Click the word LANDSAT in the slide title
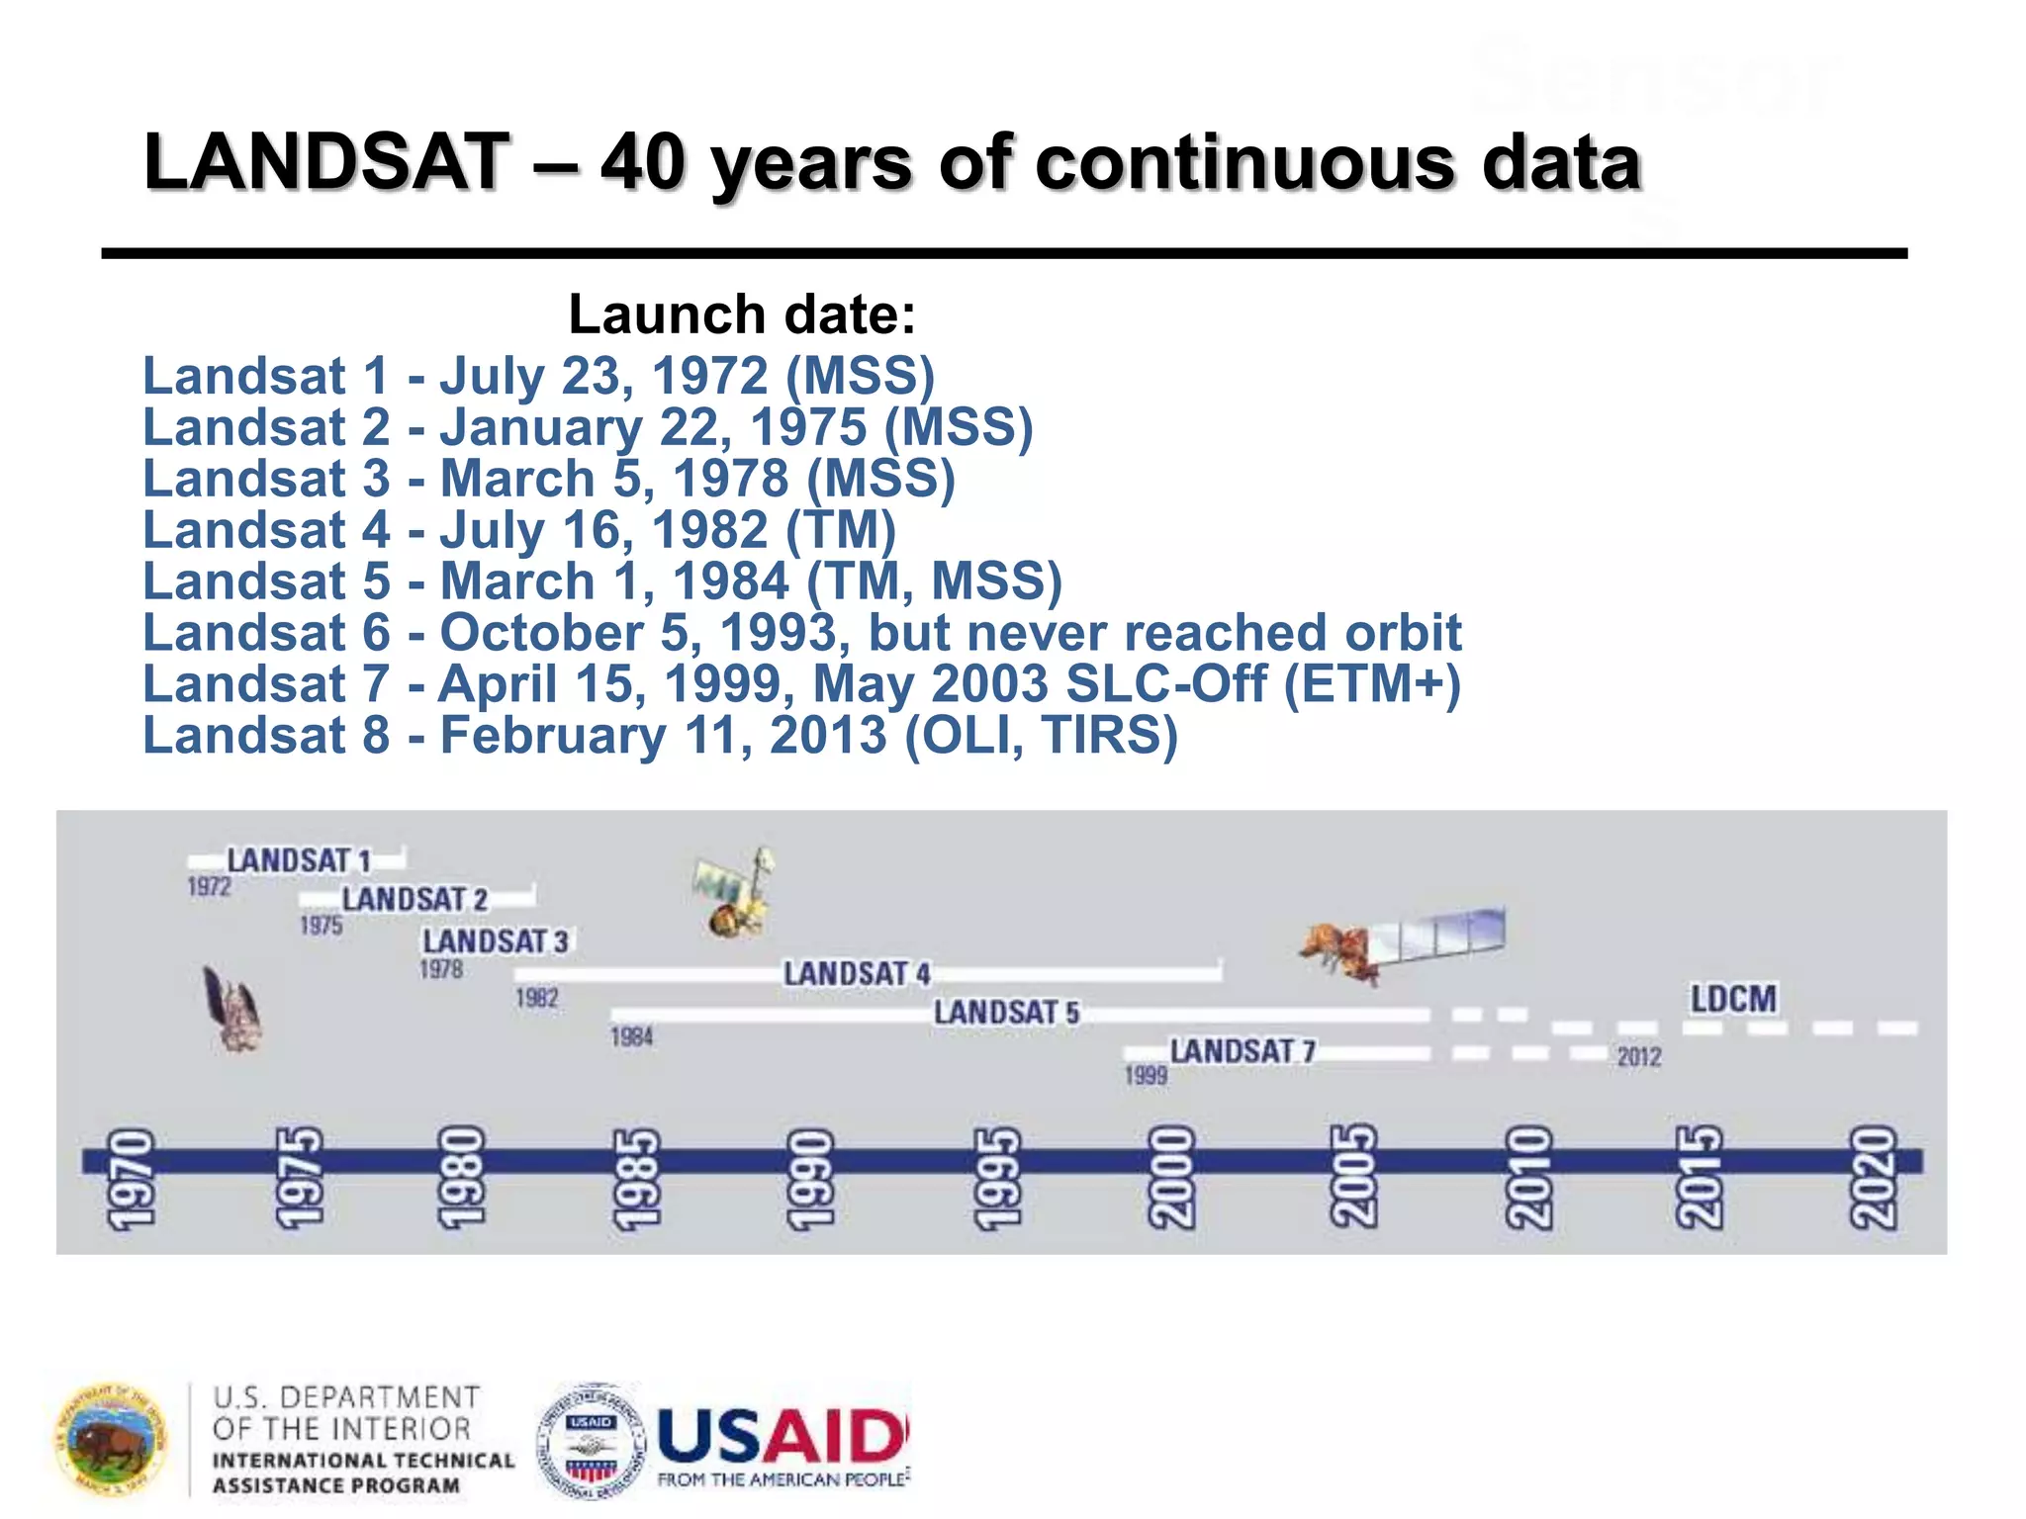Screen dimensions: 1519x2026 (326, 162)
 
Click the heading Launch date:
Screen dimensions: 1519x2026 (742, 314)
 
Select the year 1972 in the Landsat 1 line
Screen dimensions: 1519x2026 (709, 376)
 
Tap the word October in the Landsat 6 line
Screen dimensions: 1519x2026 (541, 633)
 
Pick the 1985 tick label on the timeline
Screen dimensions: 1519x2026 (636, 1179)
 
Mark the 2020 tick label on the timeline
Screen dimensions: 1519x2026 (1874, 1179)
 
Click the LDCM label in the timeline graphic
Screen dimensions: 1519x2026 (1732, 999)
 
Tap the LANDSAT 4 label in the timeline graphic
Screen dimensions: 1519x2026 (857, 974)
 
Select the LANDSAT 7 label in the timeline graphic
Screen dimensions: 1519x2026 (1243, 1051)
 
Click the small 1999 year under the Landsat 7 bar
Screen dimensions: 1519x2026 (1146, 1076)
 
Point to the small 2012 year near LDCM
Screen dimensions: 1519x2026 (1639, 1057)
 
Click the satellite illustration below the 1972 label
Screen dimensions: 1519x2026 (233, 1009)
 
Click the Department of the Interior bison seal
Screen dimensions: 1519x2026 (111, 1439)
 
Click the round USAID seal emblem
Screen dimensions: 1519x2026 (592, 1439)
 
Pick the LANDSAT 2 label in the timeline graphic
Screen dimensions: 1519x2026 (414, 900)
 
